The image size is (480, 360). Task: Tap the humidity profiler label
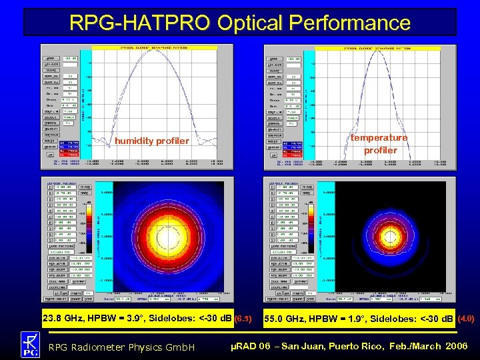152,141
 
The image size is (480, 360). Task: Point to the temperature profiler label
379,143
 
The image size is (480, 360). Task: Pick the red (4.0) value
465,318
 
